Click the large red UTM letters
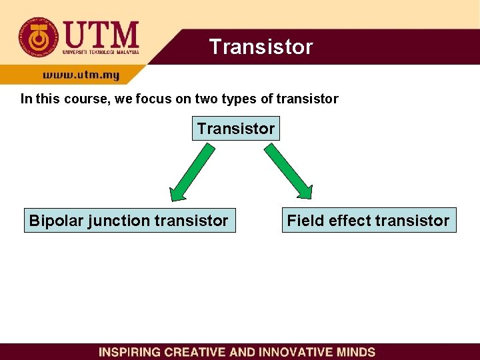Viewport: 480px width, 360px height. coord(101,33)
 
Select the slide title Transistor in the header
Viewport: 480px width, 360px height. coord(261,47)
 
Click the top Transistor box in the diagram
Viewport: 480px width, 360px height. coord(236,128)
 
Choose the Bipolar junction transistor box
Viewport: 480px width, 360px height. coord(129,220)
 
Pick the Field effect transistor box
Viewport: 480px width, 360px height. coord(368,220)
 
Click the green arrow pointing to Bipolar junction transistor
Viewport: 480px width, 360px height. coord(193,172)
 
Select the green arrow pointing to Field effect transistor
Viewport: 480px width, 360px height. coord(288,172)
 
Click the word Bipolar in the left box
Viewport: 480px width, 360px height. coord(55,220)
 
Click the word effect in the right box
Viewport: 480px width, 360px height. coord(348,220)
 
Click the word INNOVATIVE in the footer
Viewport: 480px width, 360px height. coord(290,352)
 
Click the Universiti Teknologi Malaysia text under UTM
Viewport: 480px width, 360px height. coord(101,51)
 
